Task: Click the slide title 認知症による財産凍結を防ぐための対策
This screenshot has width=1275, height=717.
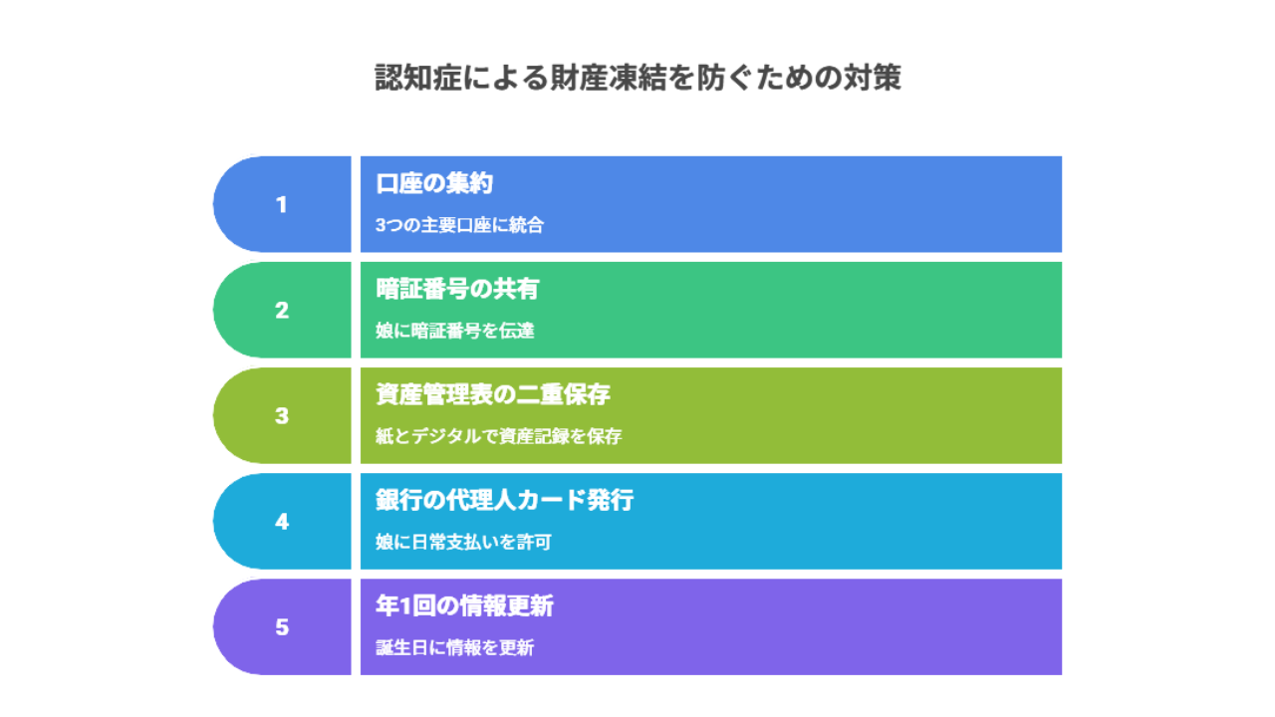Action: pos(637,78)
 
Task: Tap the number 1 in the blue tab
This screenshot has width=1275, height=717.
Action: pos(281,205)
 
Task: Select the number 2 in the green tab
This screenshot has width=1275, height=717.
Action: pos(282,310)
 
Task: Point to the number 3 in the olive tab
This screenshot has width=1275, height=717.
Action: pos(282,416)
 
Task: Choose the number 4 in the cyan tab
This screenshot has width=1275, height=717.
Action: pos(282,521)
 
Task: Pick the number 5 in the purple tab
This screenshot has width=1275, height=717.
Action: pos(282,627)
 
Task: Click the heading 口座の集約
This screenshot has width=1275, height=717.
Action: pos(433,183)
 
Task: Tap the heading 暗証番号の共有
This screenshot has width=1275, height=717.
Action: pos(457,289)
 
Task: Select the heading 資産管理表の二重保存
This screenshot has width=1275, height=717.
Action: pos(493,394)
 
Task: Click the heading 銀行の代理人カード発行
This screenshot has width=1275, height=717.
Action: pos(504,500)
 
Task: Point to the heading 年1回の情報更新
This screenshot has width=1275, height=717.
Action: pos(464,605)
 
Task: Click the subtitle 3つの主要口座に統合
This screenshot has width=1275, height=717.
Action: pos(459,225)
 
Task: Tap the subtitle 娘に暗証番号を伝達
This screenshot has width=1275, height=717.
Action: pos(455,331)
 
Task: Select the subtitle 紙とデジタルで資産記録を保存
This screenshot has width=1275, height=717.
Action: pos(499,436)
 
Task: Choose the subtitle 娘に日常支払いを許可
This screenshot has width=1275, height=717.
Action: pos(463,542)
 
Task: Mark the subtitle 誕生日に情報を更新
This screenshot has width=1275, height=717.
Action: pos(455,647)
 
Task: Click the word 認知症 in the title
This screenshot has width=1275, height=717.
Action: pos(418,78)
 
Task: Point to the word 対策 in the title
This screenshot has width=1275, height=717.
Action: pos(872,78)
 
